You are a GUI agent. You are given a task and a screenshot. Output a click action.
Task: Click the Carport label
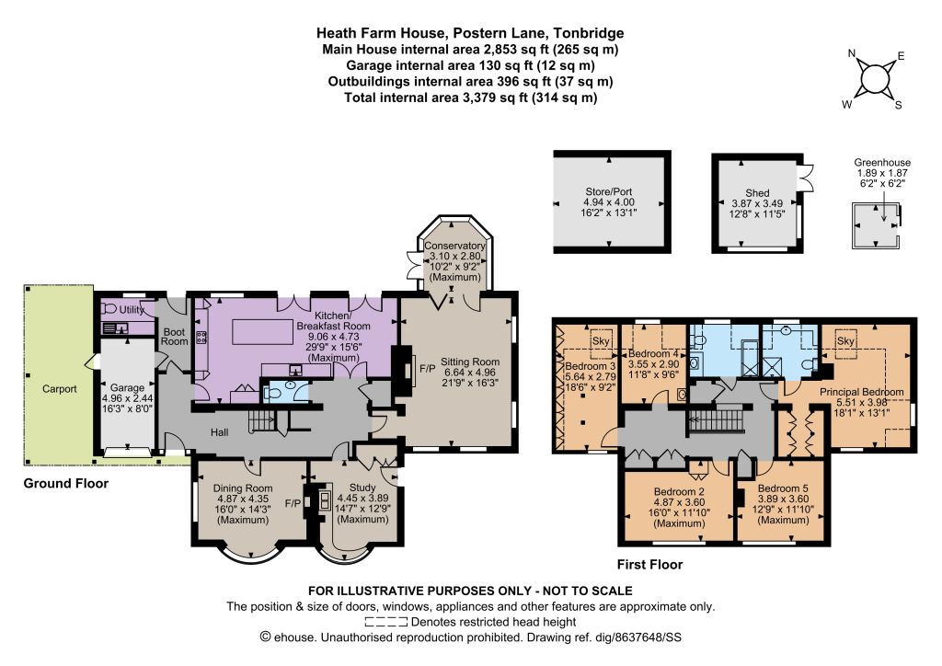pos(60,388)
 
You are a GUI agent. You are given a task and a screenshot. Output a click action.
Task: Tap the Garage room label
pos(127,388)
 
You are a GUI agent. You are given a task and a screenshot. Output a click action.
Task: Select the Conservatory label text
pos(454,246)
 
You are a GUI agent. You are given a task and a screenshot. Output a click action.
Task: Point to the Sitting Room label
pos(470,362)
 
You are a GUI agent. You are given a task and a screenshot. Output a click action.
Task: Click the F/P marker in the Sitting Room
pos(427,368)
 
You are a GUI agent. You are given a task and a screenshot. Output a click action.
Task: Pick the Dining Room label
pos(243,488)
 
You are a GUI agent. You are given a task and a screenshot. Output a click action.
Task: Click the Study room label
pos(362,488)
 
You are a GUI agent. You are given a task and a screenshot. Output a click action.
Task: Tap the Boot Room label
pos(174,337)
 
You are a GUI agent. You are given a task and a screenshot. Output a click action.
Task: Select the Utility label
pos(132,310)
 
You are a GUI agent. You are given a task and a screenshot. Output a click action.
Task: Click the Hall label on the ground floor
pos(219,431)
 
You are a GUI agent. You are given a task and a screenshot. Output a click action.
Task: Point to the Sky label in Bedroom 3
pos(601,340)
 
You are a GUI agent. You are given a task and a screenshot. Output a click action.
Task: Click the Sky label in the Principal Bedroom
pos(845,340)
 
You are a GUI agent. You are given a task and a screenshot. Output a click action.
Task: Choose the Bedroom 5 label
pos(783,488)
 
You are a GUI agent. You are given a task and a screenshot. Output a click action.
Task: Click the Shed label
pos(757,193)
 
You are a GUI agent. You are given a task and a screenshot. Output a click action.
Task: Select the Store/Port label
pos(609,191)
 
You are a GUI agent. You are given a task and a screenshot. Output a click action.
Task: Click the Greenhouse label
pos(882,162)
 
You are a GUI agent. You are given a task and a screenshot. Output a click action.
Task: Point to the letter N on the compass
pos(851,53)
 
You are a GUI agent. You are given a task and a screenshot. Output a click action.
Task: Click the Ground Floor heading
pos(66,484)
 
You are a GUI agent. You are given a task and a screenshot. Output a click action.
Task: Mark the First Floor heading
pos(649,565)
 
